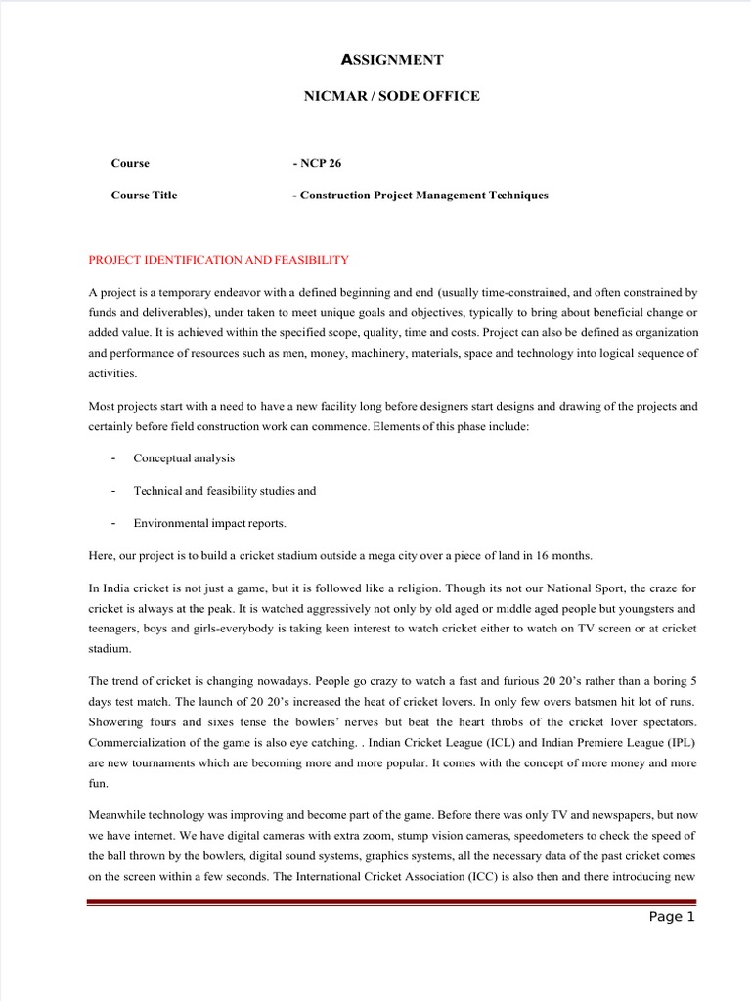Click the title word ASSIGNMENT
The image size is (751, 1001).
pyautogui.click(x=391, y=60)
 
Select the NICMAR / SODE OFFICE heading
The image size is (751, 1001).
pyautogui.click(x=391, y=95)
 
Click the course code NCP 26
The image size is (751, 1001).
pyautogui.click(x=321, y=163)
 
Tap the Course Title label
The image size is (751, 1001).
pyautogui.click(x=144, y=195)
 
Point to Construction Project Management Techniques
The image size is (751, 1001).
pyautogui.click(x=423, y=195)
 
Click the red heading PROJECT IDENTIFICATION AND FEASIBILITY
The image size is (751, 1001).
pyautogui.click(x=218, y=259)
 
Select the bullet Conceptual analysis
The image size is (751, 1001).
pyautogui.click(x=184, y=457)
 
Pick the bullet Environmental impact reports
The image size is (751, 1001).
pyautogui.click(x=209, y=522)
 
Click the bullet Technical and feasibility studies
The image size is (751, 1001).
pyautogui.click(x=224, y=490)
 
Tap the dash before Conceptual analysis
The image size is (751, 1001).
pyautogui.click(x=114, y=457)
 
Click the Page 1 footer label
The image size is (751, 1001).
pyautogui.click(x=672, y=916)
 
